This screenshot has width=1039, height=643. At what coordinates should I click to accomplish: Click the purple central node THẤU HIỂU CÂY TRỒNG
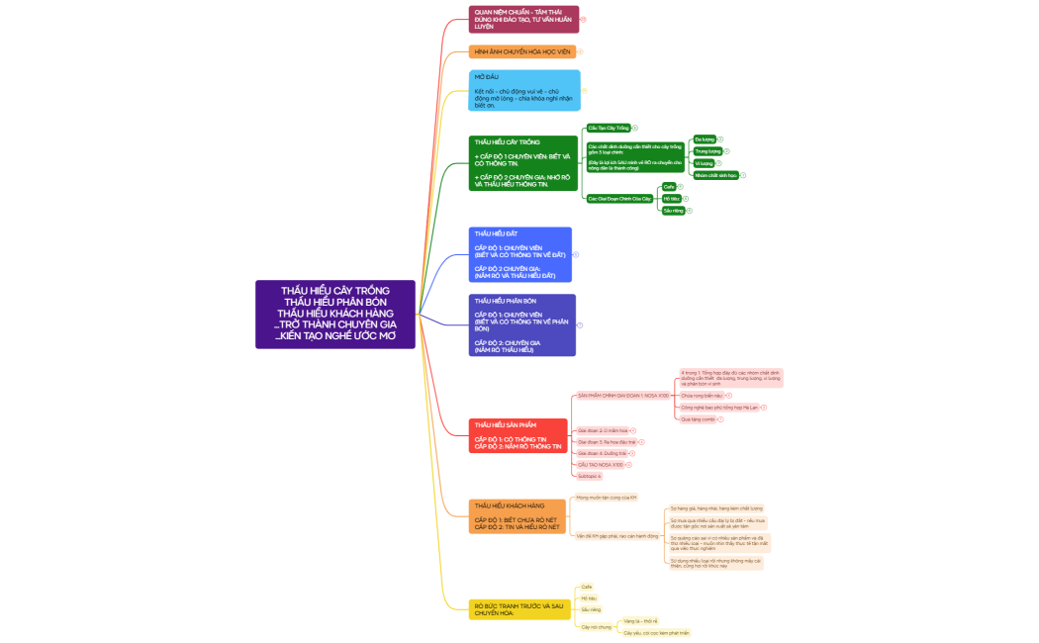click(x=334, y=314)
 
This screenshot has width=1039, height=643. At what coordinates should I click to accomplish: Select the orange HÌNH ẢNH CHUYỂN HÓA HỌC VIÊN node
click(x=521, y=51)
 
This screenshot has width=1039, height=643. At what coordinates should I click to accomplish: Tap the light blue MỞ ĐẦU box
click(x=523, y=90)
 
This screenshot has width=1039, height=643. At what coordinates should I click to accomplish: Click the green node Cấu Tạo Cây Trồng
click(x=608, y=128)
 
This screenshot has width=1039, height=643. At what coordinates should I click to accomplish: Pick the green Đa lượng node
click(x=704, y=139)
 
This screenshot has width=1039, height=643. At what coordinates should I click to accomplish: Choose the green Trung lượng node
click(x=708, y=151)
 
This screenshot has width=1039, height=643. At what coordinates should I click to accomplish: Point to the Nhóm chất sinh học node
click(x=715, y=175)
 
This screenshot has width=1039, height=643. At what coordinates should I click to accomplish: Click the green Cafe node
click(x=669, y=186)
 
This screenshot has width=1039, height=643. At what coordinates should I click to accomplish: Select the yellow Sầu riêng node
click(x=590, y=609)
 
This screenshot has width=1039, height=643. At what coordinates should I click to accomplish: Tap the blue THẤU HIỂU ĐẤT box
click(x=520, y=254)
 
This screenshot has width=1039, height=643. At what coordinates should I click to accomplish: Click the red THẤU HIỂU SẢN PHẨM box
click(x=518, y=435)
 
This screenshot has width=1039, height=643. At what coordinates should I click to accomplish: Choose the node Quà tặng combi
click(x=697, y=419)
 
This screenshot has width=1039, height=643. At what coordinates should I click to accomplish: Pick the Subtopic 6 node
click(x=589, y=476)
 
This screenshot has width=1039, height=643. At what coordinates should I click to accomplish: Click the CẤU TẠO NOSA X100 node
click(x=600, y=464)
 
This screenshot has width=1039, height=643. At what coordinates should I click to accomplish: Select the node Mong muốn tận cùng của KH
click(x=606, y=498)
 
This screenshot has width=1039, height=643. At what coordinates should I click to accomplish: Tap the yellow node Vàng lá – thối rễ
click(x=640, y=621)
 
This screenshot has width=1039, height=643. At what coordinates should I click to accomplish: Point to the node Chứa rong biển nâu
click(x=701, y=395)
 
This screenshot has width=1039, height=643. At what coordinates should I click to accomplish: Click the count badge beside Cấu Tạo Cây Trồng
click(x=634, y=128)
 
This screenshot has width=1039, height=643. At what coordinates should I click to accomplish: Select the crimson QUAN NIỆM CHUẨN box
click(x=523, y=19)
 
